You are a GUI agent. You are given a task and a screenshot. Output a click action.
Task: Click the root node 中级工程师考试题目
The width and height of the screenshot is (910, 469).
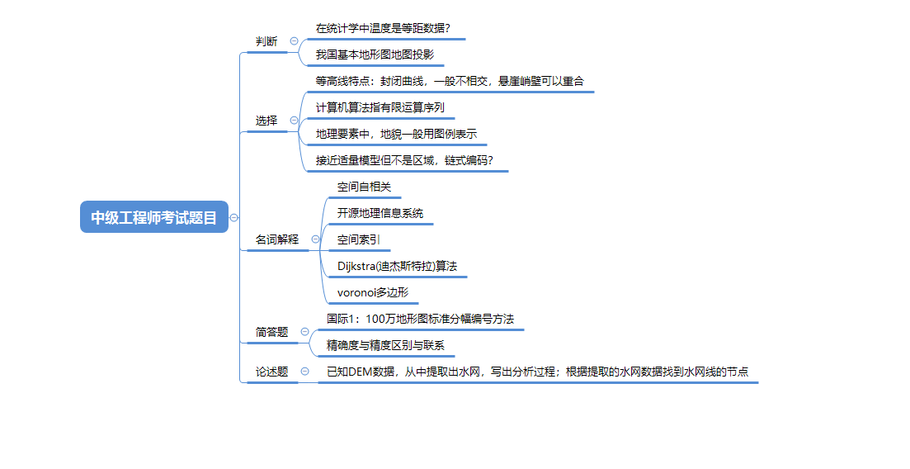click(154, 217)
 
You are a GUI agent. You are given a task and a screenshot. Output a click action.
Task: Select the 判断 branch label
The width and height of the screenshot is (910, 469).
click(266, 41)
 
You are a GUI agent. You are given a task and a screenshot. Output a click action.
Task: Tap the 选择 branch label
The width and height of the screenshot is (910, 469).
click(266, 121)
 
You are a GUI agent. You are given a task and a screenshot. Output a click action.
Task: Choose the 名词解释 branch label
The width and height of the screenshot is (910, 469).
click(277, 239)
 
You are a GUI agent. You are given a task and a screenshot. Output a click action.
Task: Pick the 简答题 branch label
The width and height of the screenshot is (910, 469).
click(271, 332)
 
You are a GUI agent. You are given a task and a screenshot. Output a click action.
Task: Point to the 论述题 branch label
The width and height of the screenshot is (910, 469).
click(271, 372)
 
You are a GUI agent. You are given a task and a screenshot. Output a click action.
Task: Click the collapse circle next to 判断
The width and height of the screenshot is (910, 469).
click(295, 41)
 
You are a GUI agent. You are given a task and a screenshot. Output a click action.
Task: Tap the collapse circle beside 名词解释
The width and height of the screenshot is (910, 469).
click(315, 239)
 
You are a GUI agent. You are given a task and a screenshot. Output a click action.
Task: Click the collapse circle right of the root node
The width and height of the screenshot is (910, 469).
click(234, 218)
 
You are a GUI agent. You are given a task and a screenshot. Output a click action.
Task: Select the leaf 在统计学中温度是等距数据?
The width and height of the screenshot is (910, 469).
click(383, 28)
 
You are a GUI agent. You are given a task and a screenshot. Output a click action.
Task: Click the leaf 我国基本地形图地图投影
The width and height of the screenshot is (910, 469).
click(375, 54)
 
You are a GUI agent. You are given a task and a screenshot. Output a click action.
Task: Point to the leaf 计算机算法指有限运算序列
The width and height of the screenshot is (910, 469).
click(380, 107)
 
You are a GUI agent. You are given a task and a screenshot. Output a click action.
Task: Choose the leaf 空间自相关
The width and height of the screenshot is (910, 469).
click(364, 187)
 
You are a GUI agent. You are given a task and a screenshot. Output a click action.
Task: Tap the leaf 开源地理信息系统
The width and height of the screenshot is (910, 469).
click(380, 213)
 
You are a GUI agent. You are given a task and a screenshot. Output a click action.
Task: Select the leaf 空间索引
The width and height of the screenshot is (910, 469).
click(358, 239)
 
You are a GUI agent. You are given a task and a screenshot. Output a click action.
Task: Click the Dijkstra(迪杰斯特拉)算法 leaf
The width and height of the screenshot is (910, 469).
click(397, 266)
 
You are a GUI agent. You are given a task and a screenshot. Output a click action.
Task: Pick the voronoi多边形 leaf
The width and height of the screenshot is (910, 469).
click(373, 292)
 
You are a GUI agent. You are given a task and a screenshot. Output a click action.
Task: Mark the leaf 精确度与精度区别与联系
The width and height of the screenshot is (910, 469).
click(385, 345)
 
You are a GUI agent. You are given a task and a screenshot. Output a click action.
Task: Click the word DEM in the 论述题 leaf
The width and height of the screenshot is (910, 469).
click(361, 372)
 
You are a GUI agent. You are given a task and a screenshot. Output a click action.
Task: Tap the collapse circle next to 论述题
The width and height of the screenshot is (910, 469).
click(304, 372)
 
